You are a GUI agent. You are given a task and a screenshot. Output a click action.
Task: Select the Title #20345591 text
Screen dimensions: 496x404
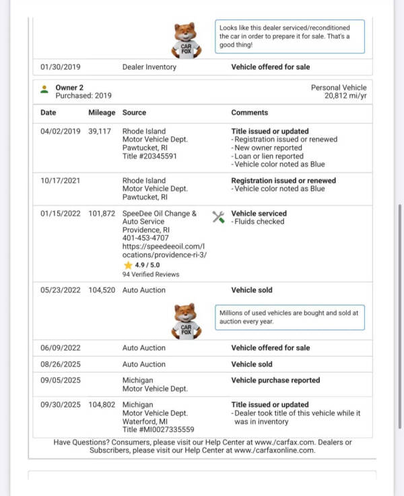(149, 156)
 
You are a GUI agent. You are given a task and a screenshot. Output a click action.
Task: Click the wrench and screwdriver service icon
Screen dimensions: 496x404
(218, 217)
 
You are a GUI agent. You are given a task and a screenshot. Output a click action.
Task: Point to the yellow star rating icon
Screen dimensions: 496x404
(127, 265)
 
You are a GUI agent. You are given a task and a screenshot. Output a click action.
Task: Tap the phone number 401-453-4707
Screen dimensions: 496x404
(146, 238)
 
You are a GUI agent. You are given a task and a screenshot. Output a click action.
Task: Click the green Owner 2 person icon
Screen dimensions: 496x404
(44, 88)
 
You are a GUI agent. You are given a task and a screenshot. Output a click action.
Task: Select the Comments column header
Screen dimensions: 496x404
(249, 113)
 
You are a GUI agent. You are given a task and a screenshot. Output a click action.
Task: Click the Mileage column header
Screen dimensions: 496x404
(102, 113)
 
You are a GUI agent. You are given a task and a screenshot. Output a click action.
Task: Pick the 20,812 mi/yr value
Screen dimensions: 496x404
(345, 96)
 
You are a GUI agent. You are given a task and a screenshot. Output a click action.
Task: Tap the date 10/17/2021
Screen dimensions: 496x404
(60, 181)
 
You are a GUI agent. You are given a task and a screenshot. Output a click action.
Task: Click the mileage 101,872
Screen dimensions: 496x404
(102, 214)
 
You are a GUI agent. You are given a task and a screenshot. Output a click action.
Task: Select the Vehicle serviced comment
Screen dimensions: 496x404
(259, 214)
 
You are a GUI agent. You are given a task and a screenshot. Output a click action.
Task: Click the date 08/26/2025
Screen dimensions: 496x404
(60, 364)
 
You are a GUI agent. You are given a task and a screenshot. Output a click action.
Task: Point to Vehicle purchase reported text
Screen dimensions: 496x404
(275, 380)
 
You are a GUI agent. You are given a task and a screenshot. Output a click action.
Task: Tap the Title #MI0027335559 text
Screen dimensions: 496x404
(158, 429)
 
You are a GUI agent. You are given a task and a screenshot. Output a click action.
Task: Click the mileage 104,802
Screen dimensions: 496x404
(102, 405)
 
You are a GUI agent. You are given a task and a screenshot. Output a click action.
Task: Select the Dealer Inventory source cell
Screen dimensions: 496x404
(149, 67)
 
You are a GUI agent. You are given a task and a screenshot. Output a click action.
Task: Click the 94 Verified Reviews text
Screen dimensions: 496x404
(151, 274)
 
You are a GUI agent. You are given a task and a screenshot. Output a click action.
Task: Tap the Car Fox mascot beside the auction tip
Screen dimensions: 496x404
(186, 320)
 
